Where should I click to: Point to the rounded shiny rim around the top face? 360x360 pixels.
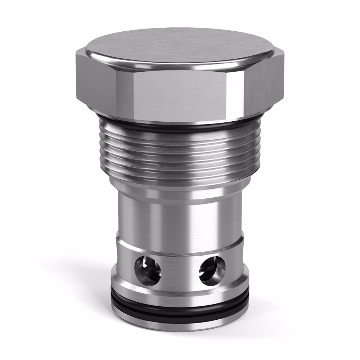pyautogui.click(x=180, y=67)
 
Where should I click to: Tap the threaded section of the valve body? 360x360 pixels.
pyautogui.click(x=180, y=155)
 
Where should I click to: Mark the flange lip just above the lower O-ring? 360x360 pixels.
pyautogui.click(x=180, y=297)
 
